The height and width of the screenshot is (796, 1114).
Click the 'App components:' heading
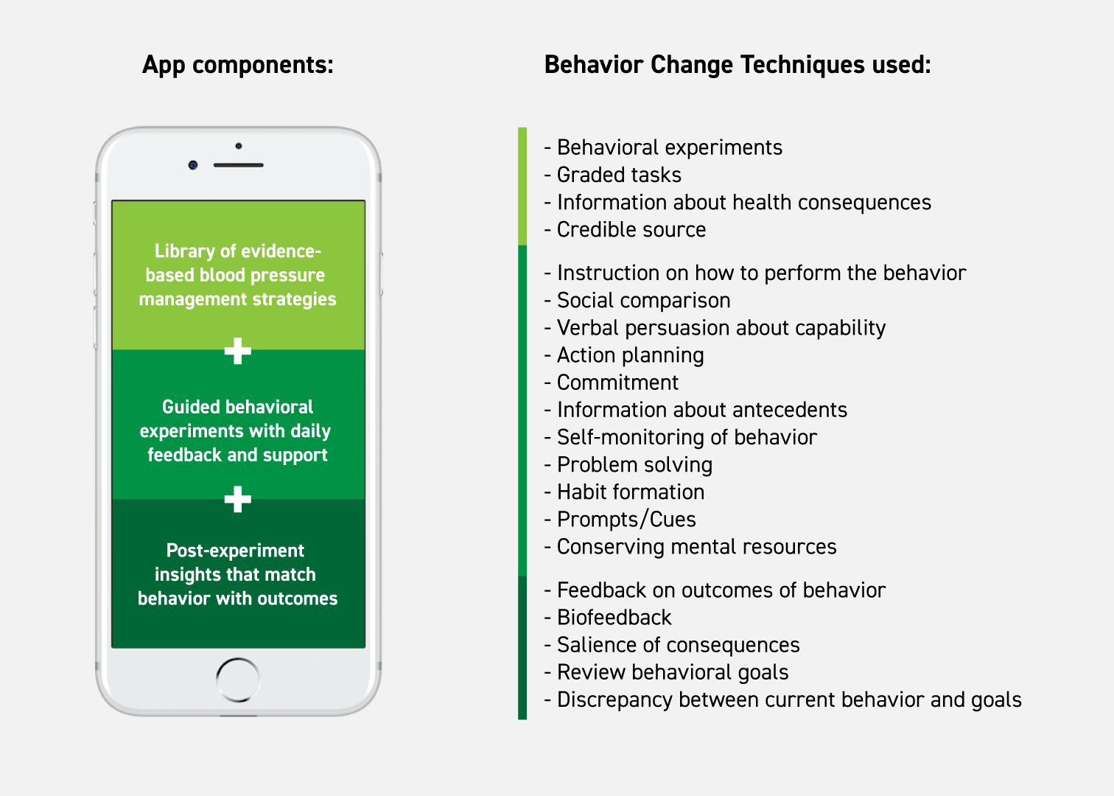coord(238,65)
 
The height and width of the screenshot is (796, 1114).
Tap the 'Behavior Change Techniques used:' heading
coord(738,65)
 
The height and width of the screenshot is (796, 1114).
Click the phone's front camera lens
coord(193,165)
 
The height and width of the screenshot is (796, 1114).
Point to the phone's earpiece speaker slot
coord(238,165)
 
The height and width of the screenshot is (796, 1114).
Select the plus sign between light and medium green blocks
coord(238,351)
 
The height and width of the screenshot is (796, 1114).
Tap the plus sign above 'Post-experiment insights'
coord(238,499)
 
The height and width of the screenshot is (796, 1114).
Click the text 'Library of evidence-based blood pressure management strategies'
coord(238,275)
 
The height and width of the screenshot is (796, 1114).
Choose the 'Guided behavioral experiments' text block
coord(237,431)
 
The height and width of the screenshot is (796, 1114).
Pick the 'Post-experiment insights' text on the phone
coord(237,575)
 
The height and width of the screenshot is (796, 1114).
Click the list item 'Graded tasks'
coord(613,175)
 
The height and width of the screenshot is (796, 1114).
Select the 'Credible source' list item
coord(625,229)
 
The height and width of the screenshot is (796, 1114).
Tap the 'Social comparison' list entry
coord(637,301)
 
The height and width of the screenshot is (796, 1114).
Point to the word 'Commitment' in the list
coord(617,383)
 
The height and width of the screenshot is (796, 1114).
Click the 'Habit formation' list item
coord(624,492)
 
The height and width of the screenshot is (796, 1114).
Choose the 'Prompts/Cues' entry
coord(620,520)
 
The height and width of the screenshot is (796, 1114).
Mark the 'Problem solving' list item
coord(628,464)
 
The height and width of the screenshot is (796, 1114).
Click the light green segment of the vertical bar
coord(522,186)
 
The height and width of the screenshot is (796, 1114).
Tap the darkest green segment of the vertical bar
coord(522,648)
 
